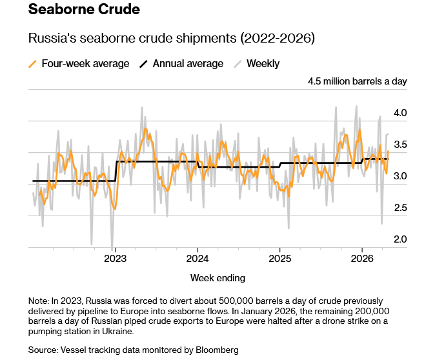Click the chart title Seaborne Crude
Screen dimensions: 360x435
(84, 11)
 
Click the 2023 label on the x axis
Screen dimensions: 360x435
(115, 259)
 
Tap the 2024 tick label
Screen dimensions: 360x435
(197, 259)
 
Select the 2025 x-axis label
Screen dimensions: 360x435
(279, 259)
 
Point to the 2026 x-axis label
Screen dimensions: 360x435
(361, 259)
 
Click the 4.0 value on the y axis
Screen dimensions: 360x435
(400, 114)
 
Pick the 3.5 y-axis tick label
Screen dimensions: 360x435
(400, 145)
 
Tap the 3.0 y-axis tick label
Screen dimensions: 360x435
(400, 176)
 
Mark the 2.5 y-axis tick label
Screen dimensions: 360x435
(400, 208)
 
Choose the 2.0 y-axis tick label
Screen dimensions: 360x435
(400, 239)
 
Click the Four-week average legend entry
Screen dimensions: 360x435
(85, 64)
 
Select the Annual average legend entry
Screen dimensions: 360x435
(188, 64)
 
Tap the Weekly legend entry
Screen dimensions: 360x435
(263, 64)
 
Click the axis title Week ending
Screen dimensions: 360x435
(217, 278)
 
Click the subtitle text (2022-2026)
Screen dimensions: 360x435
(278, 39)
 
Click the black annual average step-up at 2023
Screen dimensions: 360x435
(115, 171)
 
